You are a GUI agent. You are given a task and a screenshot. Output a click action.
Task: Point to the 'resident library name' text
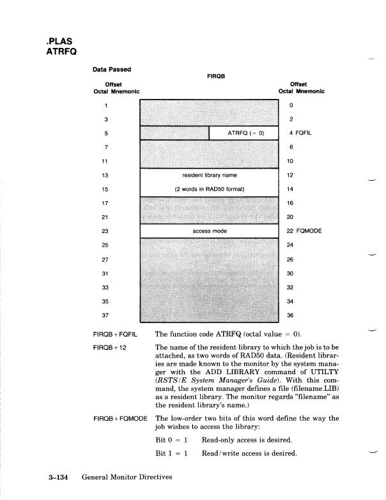pos(210,174)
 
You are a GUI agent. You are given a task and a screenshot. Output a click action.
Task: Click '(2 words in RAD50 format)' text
pos(210,189)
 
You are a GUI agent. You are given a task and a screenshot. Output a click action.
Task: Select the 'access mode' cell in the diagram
pos(210,231)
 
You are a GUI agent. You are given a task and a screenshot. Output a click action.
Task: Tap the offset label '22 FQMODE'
pos(305,231)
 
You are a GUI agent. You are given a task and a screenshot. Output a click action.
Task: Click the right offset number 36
pos(291,315)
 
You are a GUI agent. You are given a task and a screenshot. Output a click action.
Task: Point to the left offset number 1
pos(106,105)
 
